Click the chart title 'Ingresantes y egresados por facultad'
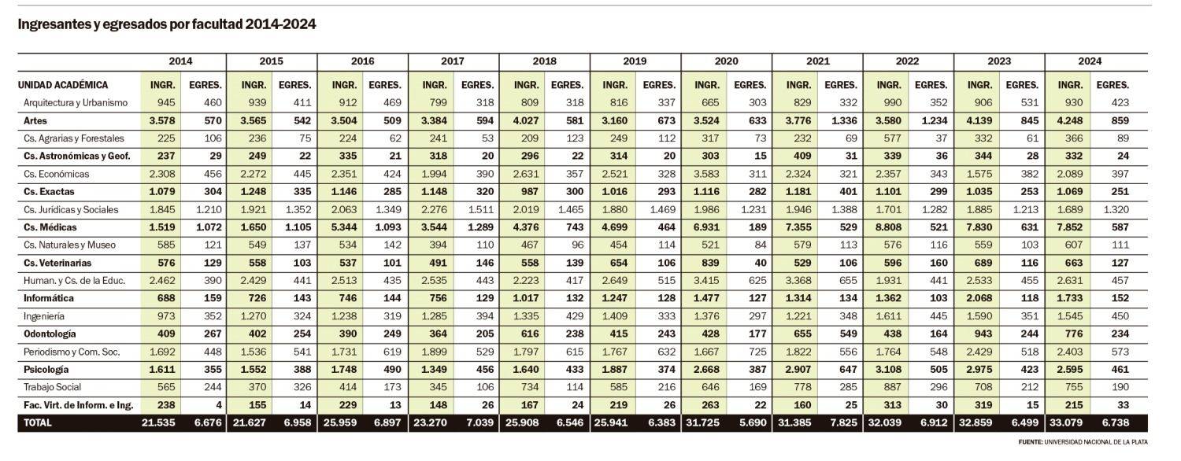pyautogui.click(x=167, y=24)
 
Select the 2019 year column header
pyautogui.click(x=635, y=61)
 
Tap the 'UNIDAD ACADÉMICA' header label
pyautogui.click(x=63, y=85)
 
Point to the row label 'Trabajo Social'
pyautogui.click(x=52, y=387)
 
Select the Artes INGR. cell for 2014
pyautogui.click(x=159, y=121)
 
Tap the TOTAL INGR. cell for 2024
pyautogui.click(x=1069, y=423)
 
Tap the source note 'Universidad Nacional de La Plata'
pyautogui.click(x=1095, y=441)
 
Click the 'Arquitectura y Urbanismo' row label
pyautogui.click(x=76, y=103)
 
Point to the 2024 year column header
pyautogui.click(x=1090, y=61)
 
